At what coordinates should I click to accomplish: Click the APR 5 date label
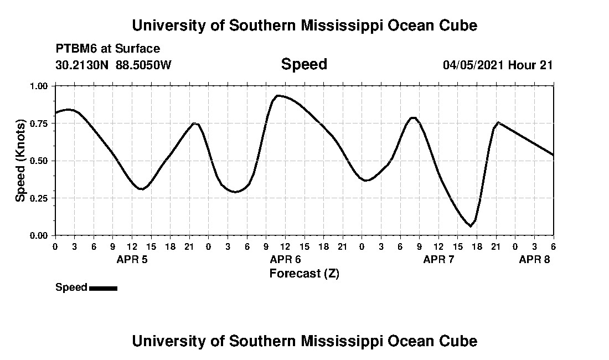tap(132, 259)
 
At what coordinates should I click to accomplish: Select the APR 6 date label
tap(285, 259)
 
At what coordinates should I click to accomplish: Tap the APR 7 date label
tap(438, 259)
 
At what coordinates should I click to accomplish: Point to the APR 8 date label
tap(534, 259)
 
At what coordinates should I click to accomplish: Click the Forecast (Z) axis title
tap(304, 273)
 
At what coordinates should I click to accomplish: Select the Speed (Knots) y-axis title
tap(20, 161)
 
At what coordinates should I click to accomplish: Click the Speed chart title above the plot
tap(304, 64)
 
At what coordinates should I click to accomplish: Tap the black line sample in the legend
tap(103, 288)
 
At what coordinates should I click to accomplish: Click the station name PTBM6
tap(75, 49)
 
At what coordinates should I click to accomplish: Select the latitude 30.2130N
tap(83, 65)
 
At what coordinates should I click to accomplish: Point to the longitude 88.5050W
tap(144, 65)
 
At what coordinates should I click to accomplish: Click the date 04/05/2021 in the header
tap(473, 65)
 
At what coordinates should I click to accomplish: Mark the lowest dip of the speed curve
tap(471, 226)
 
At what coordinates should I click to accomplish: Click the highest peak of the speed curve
tap(278, 95)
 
